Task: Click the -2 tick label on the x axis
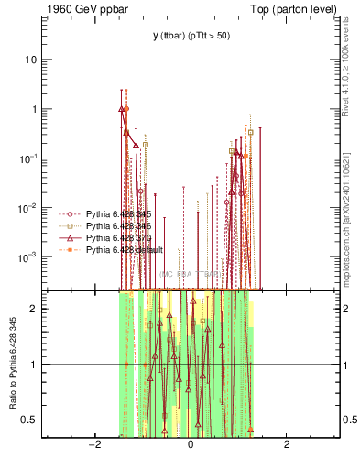point(93,445)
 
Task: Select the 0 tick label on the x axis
point(191,445)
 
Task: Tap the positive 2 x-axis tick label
point(287,445)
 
